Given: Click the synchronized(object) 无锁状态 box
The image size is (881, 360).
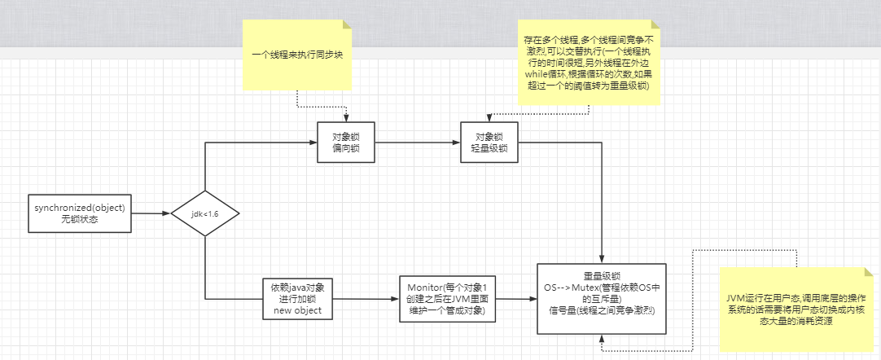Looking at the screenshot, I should (80, 213).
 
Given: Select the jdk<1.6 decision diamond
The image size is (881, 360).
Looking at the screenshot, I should (206, 213).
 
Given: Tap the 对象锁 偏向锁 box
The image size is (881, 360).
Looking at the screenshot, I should (346, 143).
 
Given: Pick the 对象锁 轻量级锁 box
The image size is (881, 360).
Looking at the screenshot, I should (489, 143).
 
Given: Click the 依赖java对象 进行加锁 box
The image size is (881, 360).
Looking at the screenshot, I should (297, 299).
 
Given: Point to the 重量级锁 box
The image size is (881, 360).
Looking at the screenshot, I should (601, 299).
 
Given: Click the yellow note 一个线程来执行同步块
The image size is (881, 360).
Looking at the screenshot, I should (296, 55).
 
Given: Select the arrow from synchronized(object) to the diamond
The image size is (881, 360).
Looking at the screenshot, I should (151, 213).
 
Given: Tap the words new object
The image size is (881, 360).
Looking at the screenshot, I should (297, 310).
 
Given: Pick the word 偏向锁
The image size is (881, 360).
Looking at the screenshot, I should (346, 149).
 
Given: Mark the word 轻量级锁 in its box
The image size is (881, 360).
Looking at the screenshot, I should (489, 149).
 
